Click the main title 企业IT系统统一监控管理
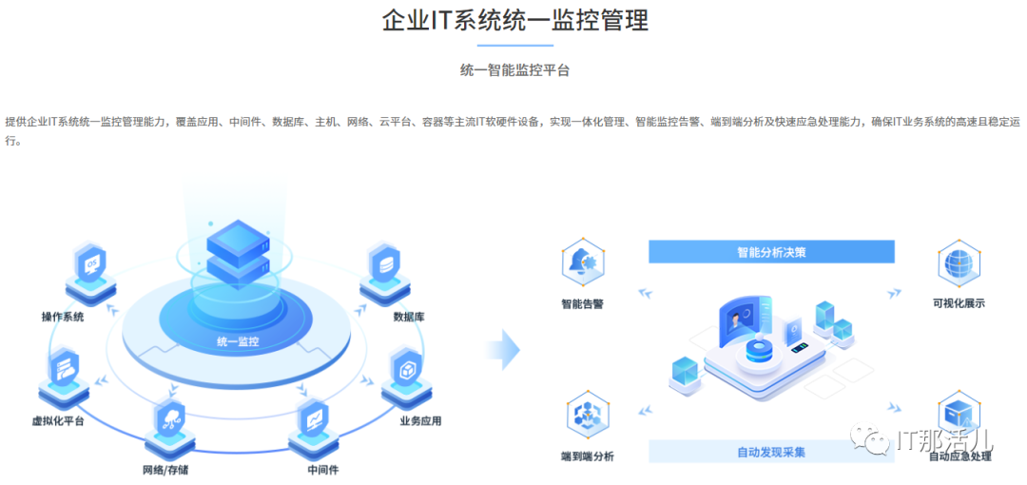pos(514,21)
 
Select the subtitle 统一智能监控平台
pos(514,69)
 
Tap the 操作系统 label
pos(62,317)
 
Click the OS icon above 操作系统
pos(91,264)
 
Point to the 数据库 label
pos(409,317)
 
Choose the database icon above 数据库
pos(385,264)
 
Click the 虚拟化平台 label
pos(58,420)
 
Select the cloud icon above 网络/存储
pos(171,419)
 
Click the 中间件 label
pos(323,470)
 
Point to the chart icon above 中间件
pos(314,419)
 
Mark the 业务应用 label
pos(419,420)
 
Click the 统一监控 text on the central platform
pos(238,340)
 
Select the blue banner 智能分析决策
pos(771,252)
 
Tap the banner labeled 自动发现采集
pos(771,452)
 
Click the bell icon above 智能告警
pos(583,262)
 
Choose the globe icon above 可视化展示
pos(959,262)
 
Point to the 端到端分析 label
pos(587,456)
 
